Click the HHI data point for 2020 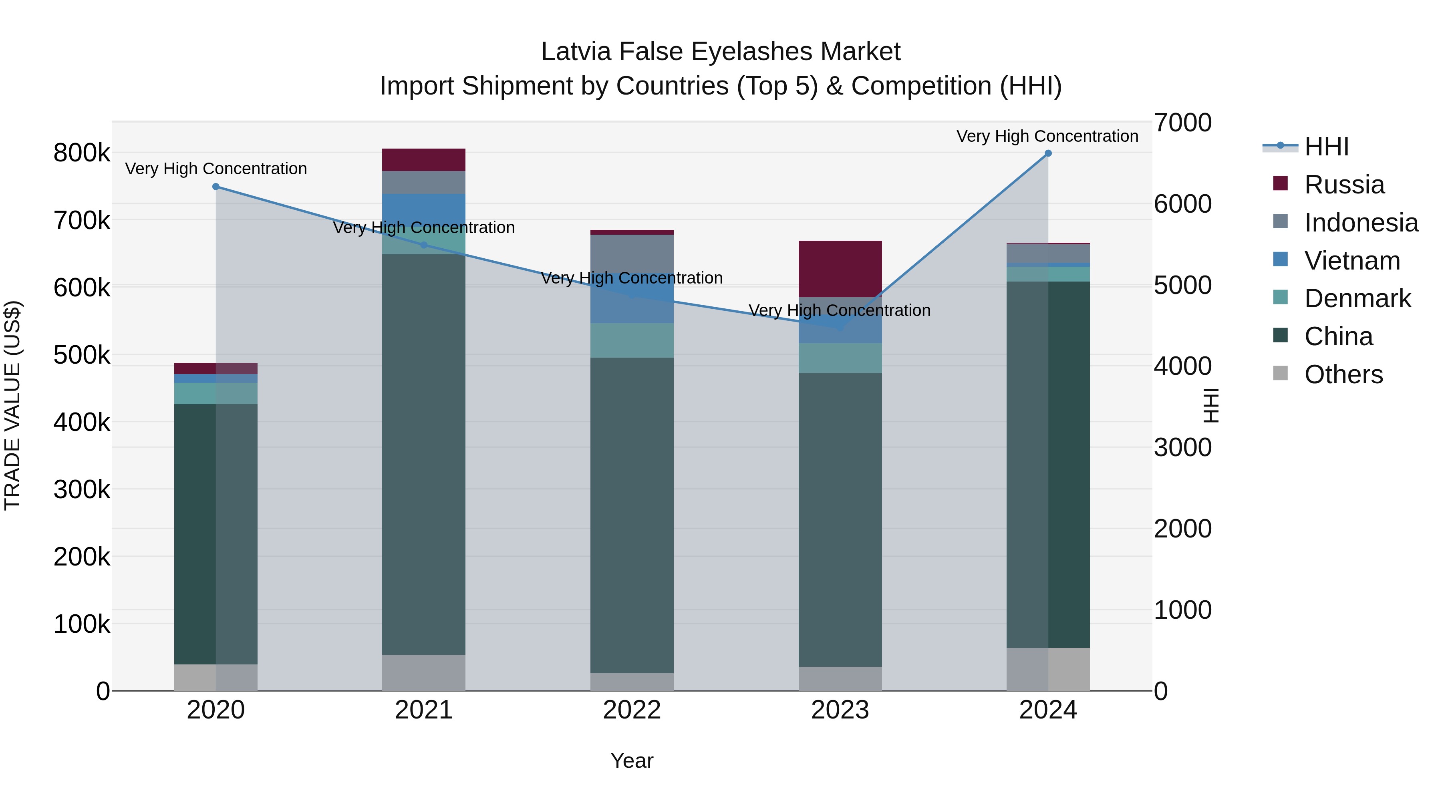click(215, 186)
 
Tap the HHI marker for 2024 click(1048, 153)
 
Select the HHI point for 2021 click(424, 245)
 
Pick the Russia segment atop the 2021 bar click(424, 159)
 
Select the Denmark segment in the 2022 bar click(632, 340)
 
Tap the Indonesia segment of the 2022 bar click(632, 253)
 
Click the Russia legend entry click(1343, 185)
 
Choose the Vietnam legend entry click(1351, 261)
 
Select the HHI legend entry click(1325, 147)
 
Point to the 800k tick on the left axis click(82, 153)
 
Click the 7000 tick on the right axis click(1183, 123)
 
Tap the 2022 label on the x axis click(632, 710)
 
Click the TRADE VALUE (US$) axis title click(12, 405)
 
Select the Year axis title click(632, 761)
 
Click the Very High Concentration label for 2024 click(1047, 136)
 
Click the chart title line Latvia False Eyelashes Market click(721, 52)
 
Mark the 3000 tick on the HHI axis click(1183, 448)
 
